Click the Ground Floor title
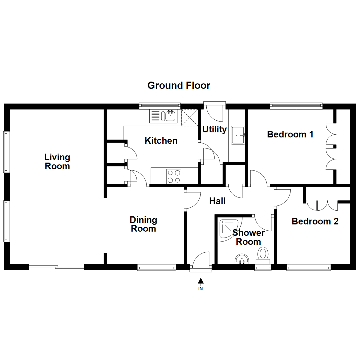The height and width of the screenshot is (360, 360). click(x=179, y=86)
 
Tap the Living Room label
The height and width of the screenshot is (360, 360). click(x=57, y=161)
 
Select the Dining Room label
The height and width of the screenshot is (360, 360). click(x=143, y=224)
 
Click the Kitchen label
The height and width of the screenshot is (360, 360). click(x=161, y=141)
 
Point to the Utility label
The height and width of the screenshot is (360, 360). click(x=214, y=129)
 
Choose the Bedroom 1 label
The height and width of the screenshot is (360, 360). click(x=290, y=134)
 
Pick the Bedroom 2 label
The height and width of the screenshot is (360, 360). click(x=315, y=221)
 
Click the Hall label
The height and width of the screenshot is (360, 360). click(x=217, y=201)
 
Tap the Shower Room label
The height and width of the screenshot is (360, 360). click(x=248, y=237)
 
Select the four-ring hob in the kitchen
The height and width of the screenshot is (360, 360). click(x=174, y=176)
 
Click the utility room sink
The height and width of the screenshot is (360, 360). click(x=238, y=135)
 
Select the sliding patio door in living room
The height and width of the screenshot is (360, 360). click(x=56, y=267)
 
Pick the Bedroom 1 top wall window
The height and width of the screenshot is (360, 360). click(x=296, y=106)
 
